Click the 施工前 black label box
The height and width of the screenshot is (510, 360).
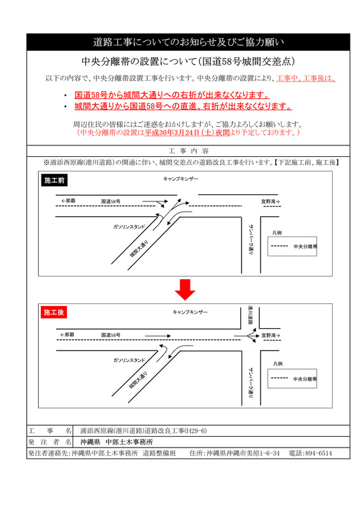(54, 181)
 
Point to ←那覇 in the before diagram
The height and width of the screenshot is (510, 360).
(68, 201)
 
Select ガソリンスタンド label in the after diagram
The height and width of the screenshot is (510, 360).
(129, 360)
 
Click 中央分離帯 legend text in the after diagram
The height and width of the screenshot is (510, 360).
(306, 379)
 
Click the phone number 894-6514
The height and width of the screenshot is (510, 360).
(316, 453)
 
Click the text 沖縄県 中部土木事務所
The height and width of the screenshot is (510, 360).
(120, 441)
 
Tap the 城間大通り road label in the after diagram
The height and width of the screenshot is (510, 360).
(137, 380)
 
